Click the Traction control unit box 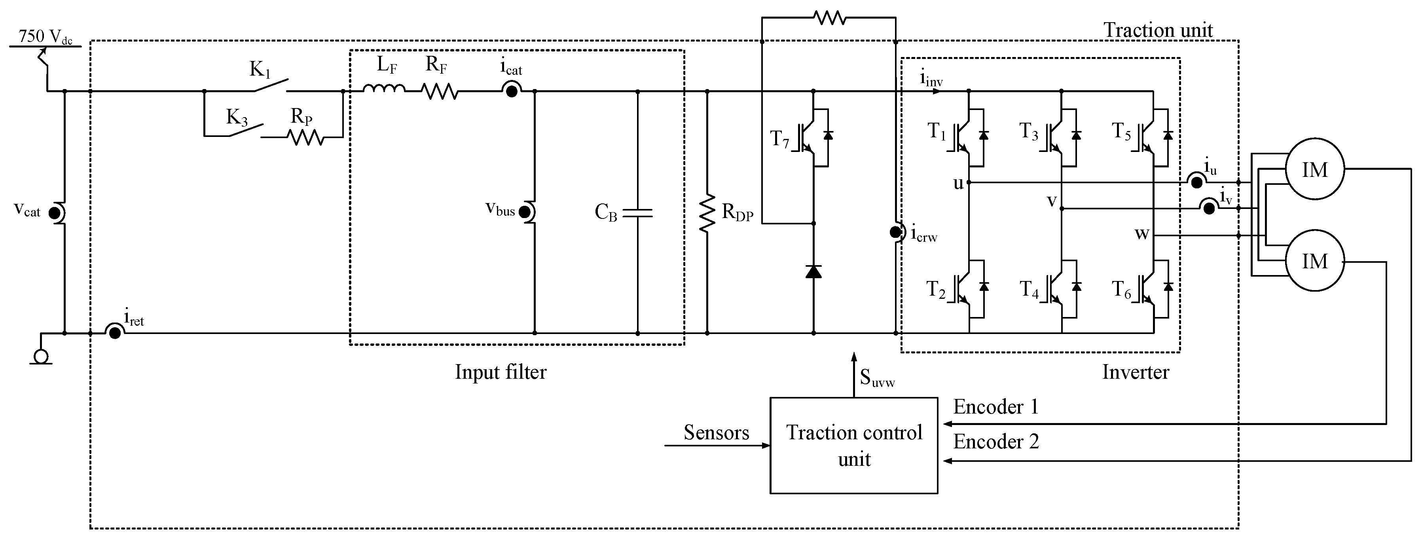(853, 445)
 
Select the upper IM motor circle (1314, 169)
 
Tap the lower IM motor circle (1314, 261)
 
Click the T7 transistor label (779, 139)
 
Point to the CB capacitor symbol (637, 213)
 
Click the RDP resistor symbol (707, 213)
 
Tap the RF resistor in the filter (440, 91)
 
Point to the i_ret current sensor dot (115, 332)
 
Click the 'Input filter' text (500, 372)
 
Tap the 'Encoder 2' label (996, 442)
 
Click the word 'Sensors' (716, 433)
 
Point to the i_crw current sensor (895, 233)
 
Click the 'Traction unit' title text (1158, 30)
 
